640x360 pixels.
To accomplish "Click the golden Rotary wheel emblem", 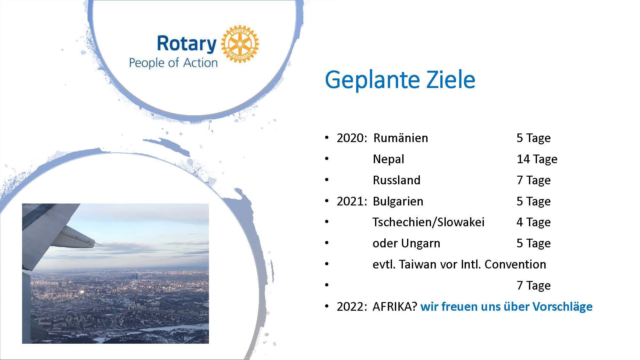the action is pyautogui.click(x=240, y=44).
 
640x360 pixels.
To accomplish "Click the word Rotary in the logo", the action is pyautogui.click(x=187, y=44).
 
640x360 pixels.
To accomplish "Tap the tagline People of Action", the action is pyautogui.click(x=173, y=63).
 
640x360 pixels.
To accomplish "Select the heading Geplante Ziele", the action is pyautogui.click(x=400, y=80).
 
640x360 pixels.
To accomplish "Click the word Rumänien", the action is pyautogui.click(x=401, y=138).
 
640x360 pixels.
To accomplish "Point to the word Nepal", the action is pyautogui.click(x=388, y=159).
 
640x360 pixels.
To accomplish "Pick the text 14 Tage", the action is pyautogui.click(x=537, y=159).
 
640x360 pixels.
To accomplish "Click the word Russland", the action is pyautogui.click(x=396, y=180).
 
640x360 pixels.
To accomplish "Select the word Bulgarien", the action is pyautogui.click(x=398, y=202).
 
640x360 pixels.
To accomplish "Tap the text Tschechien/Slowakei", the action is pyautogui.click(x=428, y=222).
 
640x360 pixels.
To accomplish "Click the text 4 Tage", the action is pyautogui.click(x=533, y=222).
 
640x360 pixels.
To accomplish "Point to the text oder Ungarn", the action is pyautogui.click(x=406, y=244).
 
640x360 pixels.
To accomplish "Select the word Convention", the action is pyautogui.click(x=515, y=264).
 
